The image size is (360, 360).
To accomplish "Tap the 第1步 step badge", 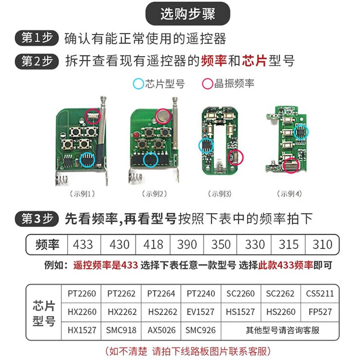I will click(x=37, y=38).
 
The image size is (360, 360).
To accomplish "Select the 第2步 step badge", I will click(x=37, y=61).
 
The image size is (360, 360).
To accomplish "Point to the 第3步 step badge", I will click(x=37, y=219).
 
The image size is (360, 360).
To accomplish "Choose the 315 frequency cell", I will click(x=288, y=245).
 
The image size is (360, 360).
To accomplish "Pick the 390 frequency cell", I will click(x=187, y=245).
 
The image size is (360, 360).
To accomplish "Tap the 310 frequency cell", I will click(x=322, y=245).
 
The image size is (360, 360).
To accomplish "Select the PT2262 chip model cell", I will click(x=121, y=294).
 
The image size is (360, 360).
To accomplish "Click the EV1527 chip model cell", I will click(x=201, y=312).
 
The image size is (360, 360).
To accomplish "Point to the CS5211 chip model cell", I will click(x=320, y=294).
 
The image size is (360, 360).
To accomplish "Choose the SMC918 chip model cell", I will click(x=121, y=330).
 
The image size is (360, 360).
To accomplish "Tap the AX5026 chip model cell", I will click(x=161, y=330).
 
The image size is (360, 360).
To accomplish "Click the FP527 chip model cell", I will click(x=320, y=312).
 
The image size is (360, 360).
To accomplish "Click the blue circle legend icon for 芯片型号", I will click(x=138, y=84).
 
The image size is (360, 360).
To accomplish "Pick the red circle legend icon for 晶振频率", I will click(x=207, y=84).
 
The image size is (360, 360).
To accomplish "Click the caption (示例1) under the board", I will click(x=82, y=194).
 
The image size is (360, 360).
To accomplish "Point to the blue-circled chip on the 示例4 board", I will click(x=301, y=131).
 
